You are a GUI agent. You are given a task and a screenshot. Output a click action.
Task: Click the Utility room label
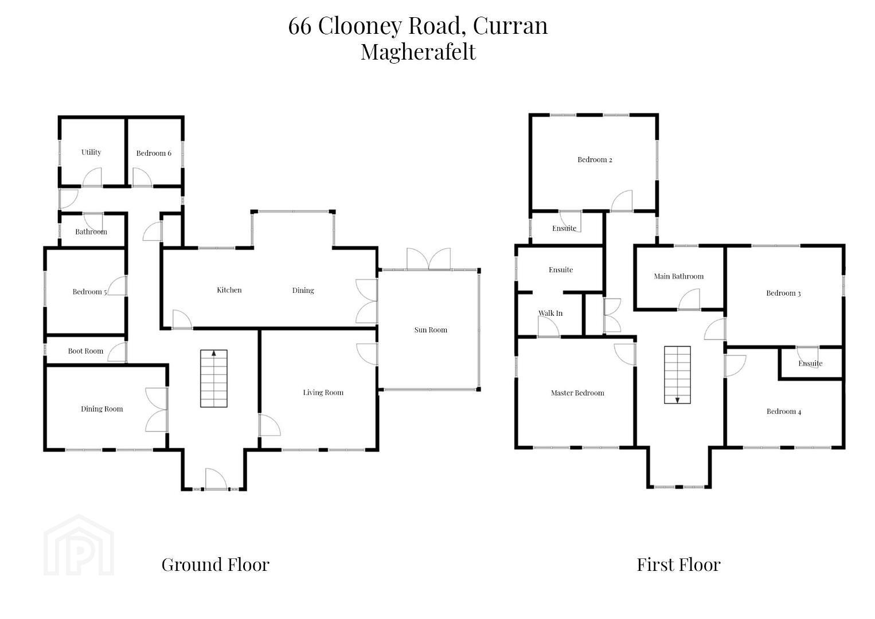[x=91, y=152]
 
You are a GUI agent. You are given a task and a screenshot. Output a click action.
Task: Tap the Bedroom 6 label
[x=154, y=153]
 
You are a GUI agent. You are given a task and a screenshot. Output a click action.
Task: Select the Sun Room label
[x=431, y=330]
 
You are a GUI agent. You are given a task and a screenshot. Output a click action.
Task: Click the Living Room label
[x=323, y=393]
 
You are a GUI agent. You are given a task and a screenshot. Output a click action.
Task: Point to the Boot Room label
[x=85, y=351]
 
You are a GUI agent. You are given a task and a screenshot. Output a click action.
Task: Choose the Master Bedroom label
[x=577, y=393]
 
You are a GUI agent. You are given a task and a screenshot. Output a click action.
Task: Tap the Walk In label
[x=550, y=313]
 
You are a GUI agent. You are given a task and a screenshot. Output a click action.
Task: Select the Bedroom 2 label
[x=595, y=160]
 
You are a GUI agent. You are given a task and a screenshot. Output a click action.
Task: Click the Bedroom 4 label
[x=784, y=412]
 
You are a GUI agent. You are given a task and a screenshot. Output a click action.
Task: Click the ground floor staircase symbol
[x=214, y=378]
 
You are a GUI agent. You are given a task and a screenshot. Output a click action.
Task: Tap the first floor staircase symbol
[x=677, y=375]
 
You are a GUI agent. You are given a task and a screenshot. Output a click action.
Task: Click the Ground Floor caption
[x=215, y=565]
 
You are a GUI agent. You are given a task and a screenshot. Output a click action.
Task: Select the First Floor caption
[x=678, y=565]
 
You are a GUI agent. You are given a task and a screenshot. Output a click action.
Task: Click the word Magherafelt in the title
[x=418, y=52]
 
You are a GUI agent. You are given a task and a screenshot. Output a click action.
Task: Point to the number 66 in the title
[x=300, y=26]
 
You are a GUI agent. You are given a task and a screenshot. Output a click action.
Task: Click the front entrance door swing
[x=216, y=479]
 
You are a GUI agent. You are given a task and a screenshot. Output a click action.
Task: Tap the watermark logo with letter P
[x=79, y=545]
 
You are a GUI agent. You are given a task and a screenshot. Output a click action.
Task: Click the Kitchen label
[x=229, y=290]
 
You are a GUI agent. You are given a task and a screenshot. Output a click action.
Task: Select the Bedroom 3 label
[x=783, y=293]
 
